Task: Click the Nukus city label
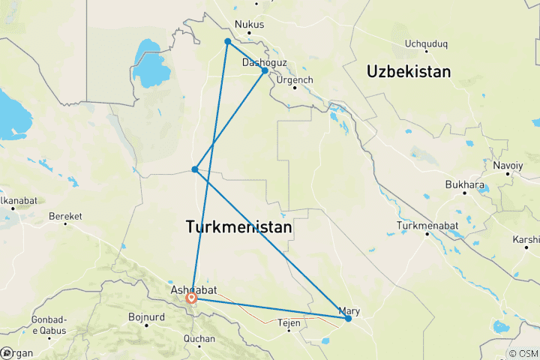pyautogui.click(x=250, y=25)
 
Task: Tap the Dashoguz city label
pyautogui.click(x=264, y=63)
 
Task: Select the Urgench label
pyautogui.click(x=295, y=79)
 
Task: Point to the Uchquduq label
pyautogui.click(x=424, y=43)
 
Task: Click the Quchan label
pyautogui.click(x=199, y=339)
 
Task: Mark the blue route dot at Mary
pyautogui.click(x=349, y=319)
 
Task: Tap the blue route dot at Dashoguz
pyautogui.click(x=265, y=70)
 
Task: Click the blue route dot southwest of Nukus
pyautogui.click(x=227, y=41)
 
